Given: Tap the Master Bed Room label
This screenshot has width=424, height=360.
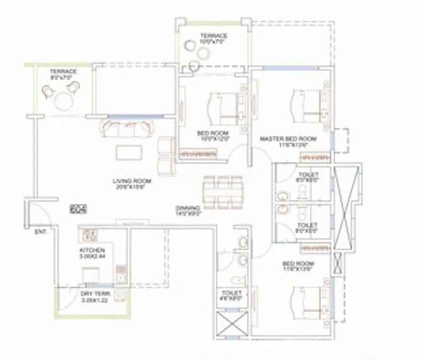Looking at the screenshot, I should (x=288, y=142).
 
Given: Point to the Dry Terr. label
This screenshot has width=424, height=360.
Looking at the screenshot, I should (x=94, y=296).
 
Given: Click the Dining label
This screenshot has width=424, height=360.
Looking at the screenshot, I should (x=188, y=210).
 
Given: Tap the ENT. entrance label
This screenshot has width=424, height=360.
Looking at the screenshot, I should (x=40, y=232).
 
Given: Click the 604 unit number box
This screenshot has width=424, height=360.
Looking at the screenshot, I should (x=78, y=209).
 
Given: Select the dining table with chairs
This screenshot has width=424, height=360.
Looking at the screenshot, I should (x=223, y=191).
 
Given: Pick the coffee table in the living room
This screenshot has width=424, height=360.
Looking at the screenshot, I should (x=129, y=152).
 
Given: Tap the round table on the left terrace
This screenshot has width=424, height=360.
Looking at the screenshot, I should (x=63, y=100).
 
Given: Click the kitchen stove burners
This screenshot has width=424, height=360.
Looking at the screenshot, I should (x=89, y=234).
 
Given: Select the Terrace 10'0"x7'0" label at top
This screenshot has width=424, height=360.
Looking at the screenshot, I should (x=213, y=39).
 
